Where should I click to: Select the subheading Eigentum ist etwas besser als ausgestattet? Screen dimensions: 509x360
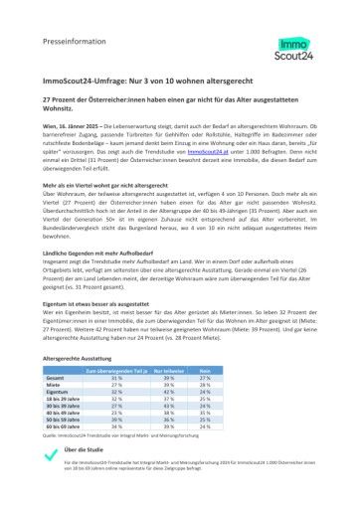[x=108, y=303]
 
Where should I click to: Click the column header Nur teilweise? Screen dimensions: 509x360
[x=169, y=371]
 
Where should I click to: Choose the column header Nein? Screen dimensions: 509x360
[x=206, y=371]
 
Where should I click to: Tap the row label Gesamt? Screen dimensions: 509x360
[x=57, y=379]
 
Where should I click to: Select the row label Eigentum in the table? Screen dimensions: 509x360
[x=57, y=392]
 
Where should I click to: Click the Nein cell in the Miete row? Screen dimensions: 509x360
[x=206, y=386]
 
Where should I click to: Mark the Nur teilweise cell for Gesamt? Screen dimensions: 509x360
[x=169, y=379]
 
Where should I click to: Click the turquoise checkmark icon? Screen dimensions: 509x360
[x=50, y=456]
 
